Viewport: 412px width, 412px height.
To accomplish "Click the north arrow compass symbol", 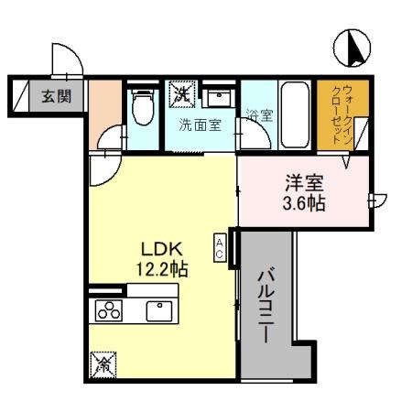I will (353, 48).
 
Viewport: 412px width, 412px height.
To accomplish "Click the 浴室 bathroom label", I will (259, 116).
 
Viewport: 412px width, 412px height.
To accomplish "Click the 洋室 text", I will (302, 181).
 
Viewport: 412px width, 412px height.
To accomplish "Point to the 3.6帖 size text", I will (302, 202).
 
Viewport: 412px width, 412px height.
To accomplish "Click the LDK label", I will (163, 247).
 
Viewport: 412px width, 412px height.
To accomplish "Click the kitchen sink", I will (160, 310).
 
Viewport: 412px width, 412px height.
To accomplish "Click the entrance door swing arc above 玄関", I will (64, 60).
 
